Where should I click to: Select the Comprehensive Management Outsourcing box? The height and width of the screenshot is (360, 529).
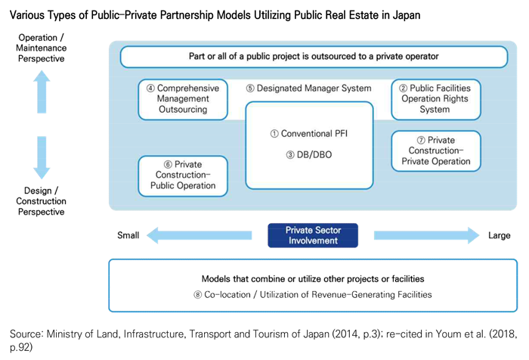pos(183,99)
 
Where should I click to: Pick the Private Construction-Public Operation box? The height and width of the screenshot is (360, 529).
pos(183,175)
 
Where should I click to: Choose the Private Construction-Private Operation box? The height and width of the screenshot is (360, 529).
pos(435,151)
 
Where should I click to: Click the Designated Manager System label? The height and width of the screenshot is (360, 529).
pos(309,88)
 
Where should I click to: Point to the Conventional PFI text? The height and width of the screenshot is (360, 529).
pos(309,134)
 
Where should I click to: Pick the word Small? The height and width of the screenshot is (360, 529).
pos(128,236)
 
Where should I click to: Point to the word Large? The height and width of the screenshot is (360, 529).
pos(500,236)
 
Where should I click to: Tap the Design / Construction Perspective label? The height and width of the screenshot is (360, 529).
pos(42,201)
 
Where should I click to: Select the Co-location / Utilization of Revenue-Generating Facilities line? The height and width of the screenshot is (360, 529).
pos(312,295)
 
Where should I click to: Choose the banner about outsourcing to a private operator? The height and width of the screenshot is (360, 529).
pos(313,57)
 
